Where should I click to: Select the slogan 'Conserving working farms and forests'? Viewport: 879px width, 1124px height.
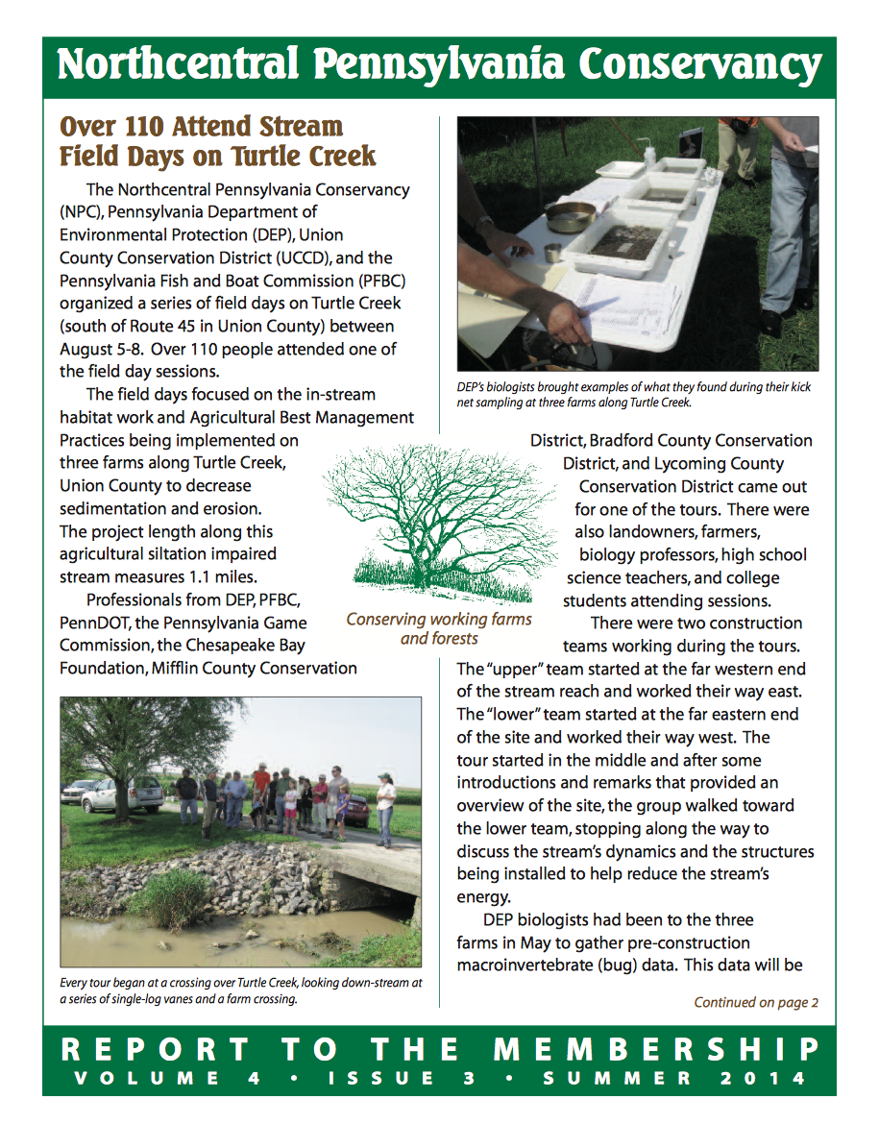[439, 628]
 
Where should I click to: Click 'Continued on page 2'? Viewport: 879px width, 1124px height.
[756, 1003]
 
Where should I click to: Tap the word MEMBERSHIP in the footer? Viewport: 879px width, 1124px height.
[681, 1048]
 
